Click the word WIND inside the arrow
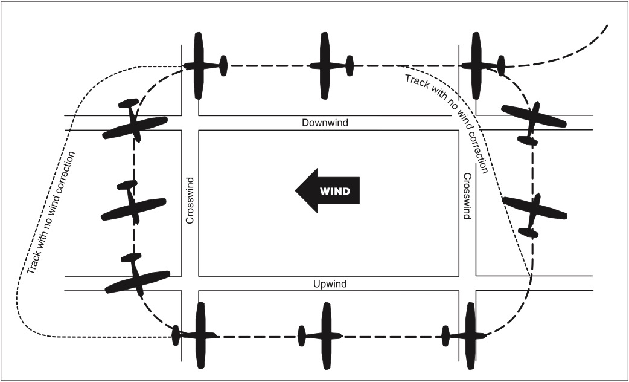(334, 192)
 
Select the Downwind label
(325, 123)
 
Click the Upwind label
(330, 283)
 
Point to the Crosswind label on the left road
(190, 201)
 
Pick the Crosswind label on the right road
(467, 196)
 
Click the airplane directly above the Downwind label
(327, 65)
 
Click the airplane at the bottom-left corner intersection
(199, 335)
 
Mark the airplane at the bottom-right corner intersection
(469, 335)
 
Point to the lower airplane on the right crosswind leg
(534, 213)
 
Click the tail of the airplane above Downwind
(350, 65)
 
